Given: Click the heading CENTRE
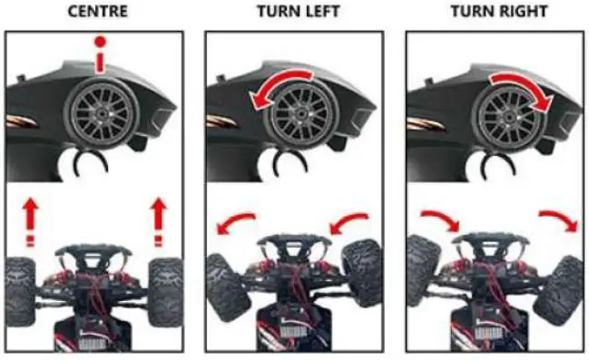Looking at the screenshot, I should pos(95,12).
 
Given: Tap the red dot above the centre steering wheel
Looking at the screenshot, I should pos(102,42).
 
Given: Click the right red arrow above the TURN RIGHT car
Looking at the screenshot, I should pos(558,222).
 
